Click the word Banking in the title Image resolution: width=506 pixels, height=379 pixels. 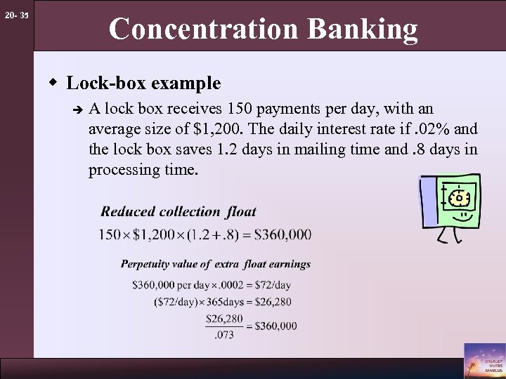[x=368, y=29]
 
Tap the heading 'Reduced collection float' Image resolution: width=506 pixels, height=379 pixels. [x=179, y=211]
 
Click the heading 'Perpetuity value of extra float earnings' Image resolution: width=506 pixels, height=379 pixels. [x=216, y=264]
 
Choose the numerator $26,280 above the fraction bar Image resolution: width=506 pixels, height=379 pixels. [x=223, y=319]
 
